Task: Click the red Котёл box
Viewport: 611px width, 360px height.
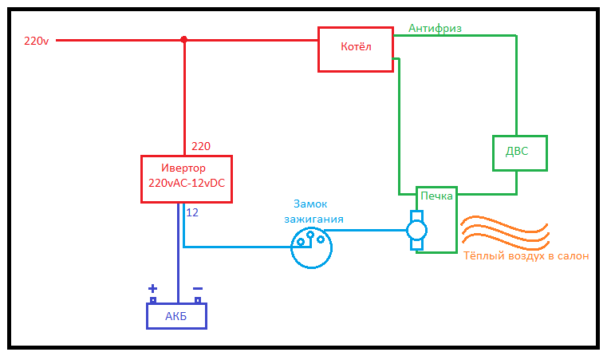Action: coord(355,49)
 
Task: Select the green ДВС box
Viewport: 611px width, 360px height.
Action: coord(520,152)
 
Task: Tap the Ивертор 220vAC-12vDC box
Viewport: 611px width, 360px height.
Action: coord(187,179)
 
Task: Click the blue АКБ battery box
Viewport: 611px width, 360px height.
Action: coord(175,315)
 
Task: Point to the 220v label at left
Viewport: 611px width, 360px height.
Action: coord(37,40)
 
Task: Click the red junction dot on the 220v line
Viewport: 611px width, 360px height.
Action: coord(184,39)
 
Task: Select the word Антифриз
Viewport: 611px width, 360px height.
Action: coord(435,28)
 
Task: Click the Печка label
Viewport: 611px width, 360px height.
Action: coord(436,196)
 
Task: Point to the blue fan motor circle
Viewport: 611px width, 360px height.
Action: coord(416,231)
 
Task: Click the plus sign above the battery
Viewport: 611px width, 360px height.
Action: coord(152,289)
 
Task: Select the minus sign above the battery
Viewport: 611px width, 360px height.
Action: coord(198,289)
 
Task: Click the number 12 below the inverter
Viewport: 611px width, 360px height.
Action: coord(192,212)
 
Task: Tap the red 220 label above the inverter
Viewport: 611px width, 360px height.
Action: coord(201,146)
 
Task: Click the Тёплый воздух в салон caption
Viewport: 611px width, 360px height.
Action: coord(526,256)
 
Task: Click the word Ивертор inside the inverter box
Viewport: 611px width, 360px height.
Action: coord(183,168)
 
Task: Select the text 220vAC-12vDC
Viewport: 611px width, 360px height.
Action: coord(187,184)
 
